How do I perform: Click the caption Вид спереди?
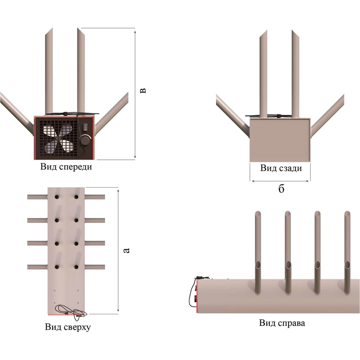point(66,167)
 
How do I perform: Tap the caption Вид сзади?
point(281,168)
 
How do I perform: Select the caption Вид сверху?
point(68,327)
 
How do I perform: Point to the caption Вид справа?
point(282,323)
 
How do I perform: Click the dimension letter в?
point(143,90)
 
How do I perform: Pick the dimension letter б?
point(281,189)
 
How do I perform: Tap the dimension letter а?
point(126,250)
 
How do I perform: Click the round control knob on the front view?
point(86,140)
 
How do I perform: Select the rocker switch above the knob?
point(85,127)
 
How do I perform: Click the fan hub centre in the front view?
point(59,139)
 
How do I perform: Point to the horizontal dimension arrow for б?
point(280,181)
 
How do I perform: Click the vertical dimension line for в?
point(135,94)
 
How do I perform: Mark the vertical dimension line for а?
point(118,250)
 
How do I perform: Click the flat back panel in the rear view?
point(280,140)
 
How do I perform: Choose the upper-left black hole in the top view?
point(57,197)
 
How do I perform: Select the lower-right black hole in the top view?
point(76,267)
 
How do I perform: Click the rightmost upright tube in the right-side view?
point(347,253)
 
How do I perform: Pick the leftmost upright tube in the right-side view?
point(258,253)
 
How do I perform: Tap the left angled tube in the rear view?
point(233,116)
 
